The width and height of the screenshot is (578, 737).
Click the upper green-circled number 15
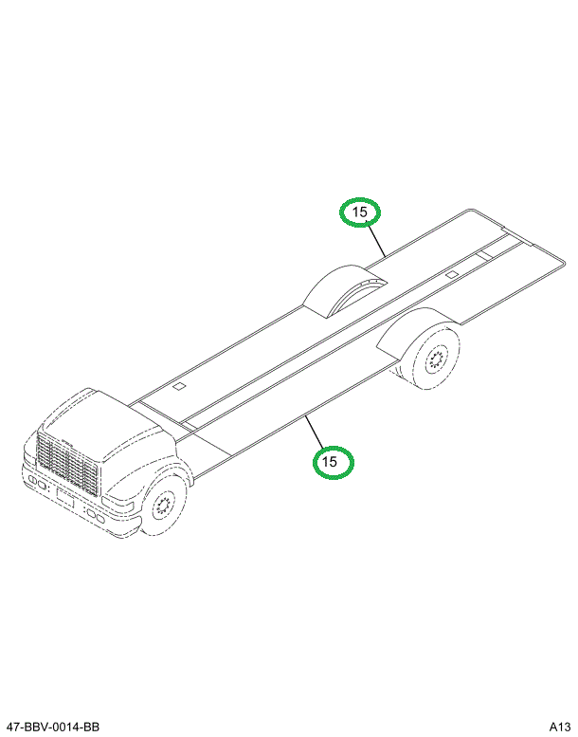point(360,212)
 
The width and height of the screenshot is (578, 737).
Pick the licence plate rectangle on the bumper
point(63,498)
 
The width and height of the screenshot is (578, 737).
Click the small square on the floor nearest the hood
point(177,387)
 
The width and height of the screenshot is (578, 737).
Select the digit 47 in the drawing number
point(10,727)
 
